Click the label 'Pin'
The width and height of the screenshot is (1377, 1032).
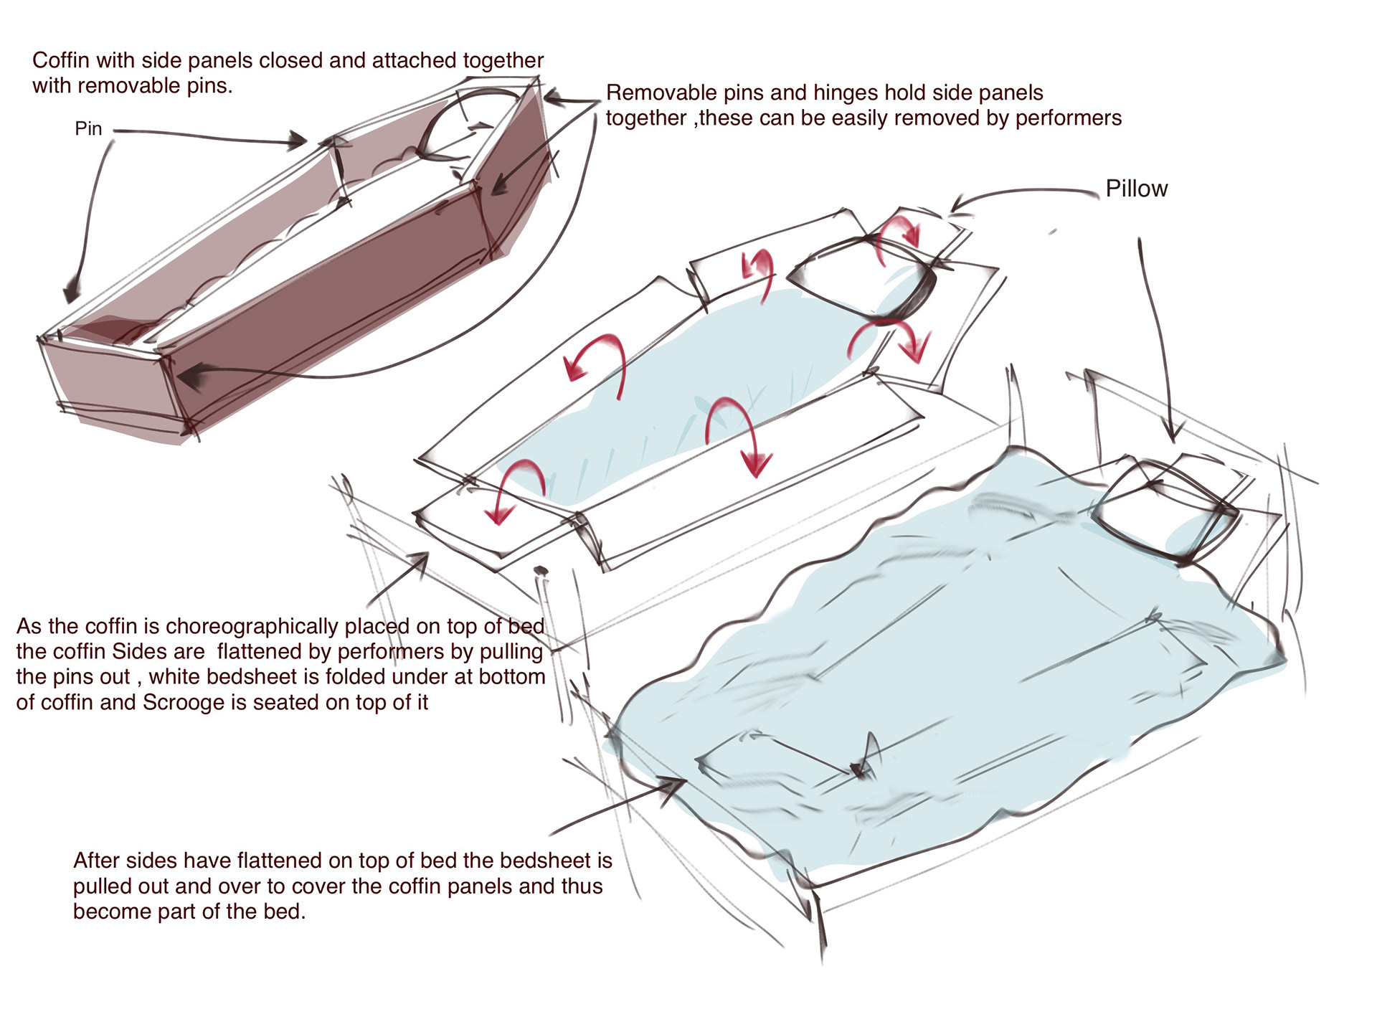(88, 128)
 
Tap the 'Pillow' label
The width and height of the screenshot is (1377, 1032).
(1136, 189)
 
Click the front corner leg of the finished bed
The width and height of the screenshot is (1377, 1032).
(818, 922)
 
